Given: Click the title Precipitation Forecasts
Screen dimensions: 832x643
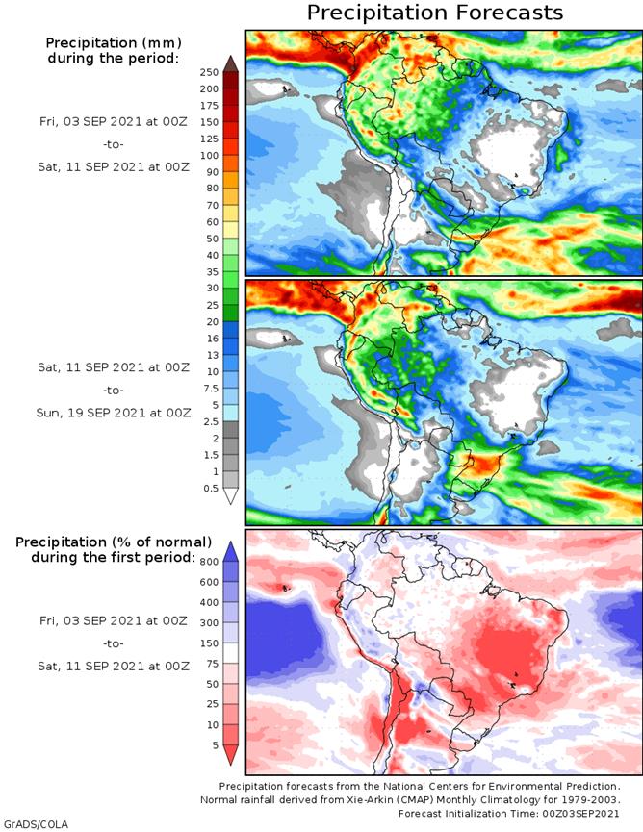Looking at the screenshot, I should click(x=434, y=13).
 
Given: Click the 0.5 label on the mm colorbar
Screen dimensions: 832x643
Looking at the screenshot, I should click(x=210, y=488).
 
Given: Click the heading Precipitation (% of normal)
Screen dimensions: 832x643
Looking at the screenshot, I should click(x=113, y=543).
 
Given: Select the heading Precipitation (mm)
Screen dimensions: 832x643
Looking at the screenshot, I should click(x=113, y=43).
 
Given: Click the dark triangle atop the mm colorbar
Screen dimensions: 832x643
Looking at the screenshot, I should click(x=231, y=63).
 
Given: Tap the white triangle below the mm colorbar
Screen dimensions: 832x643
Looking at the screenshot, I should click(x=231, y=497).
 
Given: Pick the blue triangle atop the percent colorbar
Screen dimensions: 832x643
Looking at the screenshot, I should click(x=231, y=551).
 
